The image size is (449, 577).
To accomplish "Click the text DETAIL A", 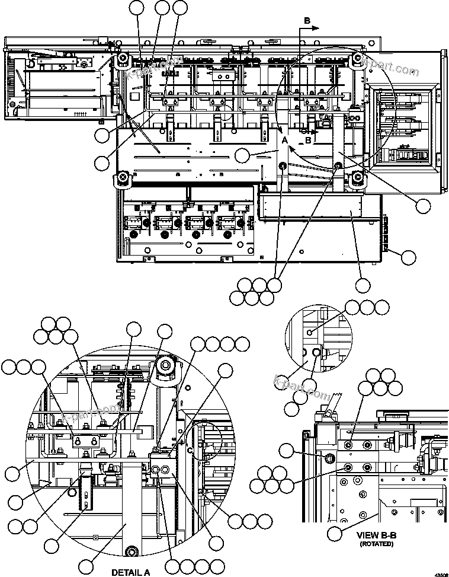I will coord(130,572).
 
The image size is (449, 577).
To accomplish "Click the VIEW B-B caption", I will coord(376,535).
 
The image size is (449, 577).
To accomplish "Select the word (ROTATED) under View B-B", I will coord(376,543).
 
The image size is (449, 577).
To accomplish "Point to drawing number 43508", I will coord(441,574).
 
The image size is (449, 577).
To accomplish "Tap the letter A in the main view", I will coord(284,141).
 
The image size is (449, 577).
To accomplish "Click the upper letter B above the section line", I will coord(307,21).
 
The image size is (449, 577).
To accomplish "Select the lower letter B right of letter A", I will coord(307,141).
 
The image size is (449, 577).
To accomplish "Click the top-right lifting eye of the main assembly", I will coord(358,58).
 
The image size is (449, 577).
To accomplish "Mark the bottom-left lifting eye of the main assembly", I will coord(124,177).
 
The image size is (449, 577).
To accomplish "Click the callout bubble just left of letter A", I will coord(243,156).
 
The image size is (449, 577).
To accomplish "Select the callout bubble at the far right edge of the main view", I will coord(424,206).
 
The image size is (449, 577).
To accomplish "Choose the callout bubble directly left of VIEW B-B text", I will coord(335,533).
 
